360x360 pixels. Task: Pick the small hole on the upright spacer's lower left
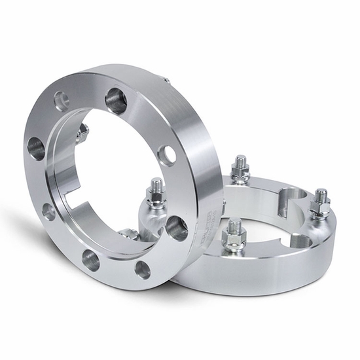tap(48, 211)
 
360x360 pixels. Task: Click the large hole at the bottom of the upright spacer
tap(92, 261)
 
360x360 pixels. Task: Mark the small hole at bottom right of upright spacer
tap(142, 268)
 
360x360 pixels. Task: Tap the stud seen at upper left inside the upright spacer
tap(83, 134)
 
